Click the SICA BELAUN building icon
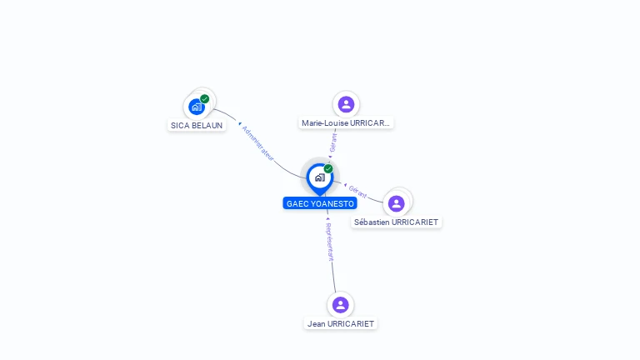pyautogui.click(x=197, y=107)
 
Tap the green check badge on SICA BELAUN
pyautogui.click(x=205, y=99)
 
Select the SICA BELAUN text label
pyautogui.click(x=197, y=126)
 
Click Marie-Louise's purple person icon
pyautogui.click(x=346, y=104)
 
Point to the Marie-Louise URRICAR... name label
pyautogui.click(x=346, y=123)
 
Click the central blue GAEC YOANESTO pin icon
pyautogui.click(x=319, y=177)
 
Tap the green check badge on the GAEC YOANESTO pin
pyautogui.click(x=328, y=169)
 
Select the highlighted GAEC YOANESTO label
pyautogui.click(x=320, y=203)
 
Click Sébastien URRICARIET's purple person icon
pyautogui.click(x=397, y=202)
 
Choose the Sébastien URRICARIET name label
pyautogui.click(x=397, y=222)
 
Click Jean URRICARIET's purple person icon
pyautogui.click(x=340, y=304)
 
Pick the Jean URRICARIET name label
pyautogui.click(x=341, y=323)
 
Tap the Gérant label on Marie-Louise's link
pyautogui.click(x=332, y=142)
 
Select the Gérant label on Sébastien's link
pyautogui.click(x=357, y=189)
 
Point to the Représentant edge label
pyautogui.click(x=330, y=242)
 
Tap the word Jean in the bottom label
pyautogui.click(x=316, y=323)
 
